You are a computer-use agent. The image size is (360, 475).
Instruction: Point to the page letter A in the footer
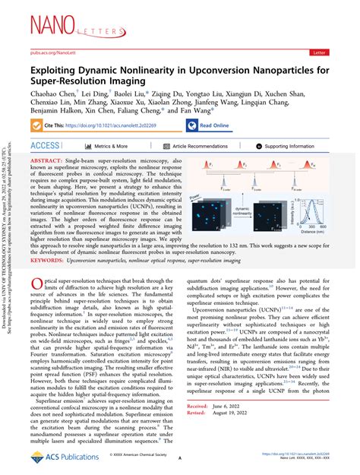click(x=180, y=460)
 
